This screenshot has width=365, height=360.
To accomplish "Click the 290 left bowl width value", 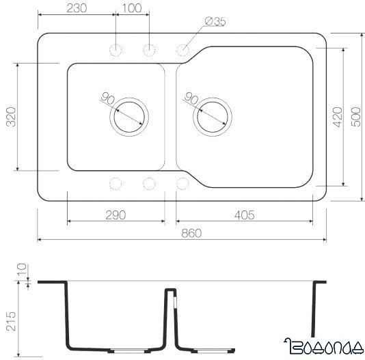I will (116, 215).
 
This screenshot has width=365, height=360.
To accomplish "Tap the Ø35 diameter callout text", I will (215, 22).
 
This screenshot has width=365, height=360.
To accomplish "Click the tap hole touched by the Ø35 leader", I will (183, 49).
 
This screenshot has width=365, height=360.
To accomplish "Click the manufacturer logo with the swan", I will (322, 347).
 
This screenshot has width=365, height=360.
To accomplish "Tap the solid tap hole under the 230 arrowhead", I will (116, 49).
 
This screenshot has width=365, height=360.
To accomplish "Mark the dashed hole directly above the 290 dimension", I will (116, 183).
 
